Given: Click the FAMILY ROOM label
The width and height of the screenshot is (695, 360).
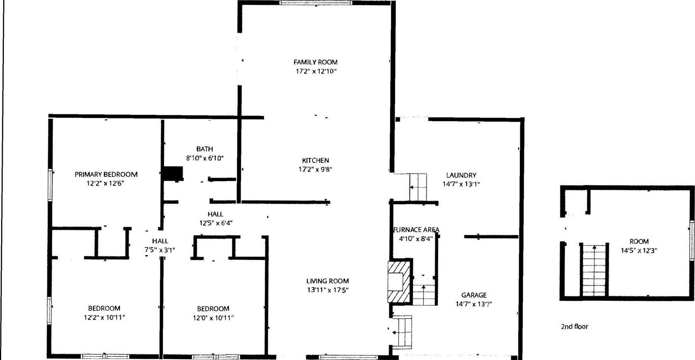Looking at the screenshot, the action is (x=315, y=62).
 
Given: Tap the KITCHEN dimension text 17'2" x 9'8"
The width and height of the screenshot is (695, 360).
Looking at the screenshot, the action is (x=315, y=169).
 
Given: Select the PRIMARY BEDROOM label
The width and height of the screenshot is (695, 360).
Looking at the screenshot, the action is (x=106, y=174).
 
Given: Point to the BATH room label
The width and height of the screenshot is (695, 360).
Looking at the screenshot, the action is (x=205, y=149).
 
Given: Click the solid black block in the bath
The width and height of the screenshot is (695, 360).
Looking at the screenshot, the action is (x=174, y=174).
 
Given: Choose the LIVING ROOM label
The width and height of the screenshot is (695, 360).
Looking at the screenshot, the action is (x=328, y=281).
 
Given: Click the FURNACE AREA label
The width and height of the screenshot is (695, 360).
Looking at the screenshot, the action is (x=416, y=230).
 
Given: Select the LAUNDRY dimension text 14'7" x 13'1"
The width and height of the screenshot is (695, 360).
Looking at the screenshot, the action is (x=461, y=184).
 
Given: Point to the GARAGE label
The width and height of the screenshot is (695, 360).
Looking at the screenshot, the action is (x=474, y=295).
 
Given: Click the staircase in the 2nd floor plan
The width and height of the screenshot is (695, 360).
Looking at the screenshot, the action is (x=594, y=270).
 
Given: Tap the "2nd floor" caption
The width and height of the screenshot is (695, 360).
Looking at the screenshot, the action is (x=574, y=326).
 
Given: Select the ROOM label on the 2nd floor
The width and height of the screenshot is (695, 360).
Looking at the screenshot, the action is (x=639, y=241).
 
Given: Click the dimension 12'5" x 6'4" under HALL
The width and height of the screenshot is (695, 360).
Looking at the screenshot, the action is (x=216, y=223).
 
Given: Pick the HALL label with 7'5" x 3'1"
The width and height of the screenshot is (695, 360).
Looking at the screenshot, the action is (x=160, y=241).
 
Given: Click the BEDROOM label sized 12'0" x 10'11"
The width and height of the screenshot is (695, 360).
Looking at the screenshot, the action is (x=213, y=308).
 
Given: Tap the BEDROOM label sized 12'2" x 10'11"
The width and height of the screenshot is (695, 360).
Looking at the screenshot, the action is (x=104, y=308).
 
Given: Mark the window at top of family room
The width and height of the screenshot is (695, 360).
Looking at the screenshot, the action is (x=316, y=3).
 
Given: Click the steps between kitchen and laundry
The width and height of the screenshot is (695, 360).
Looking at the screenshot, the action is (x=418, y=187).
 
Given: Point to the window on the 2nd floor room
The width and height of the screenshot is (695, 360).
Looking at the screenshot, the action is (x=691, y=241).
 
